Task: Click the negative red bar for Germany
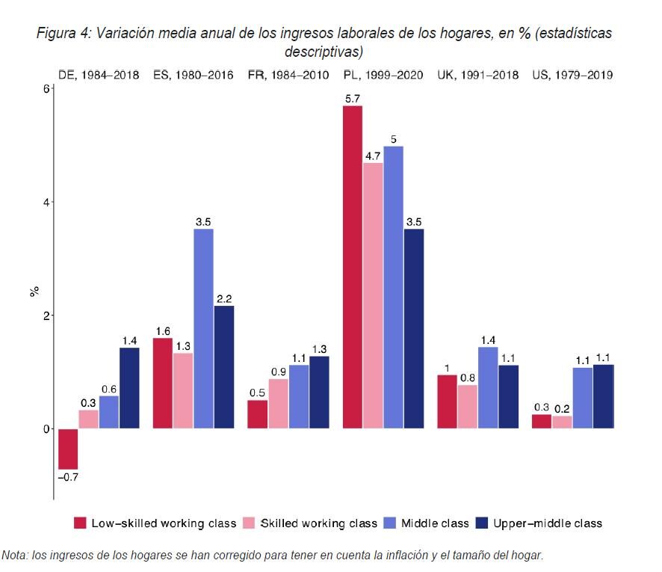click(x=68, y=449)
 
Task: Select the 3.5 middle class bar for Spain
click(x=203, y=329)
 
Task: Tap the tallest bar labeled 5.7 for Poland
click(x=352, y=267)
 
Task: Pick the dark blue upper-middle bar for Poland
click(x=413, y=329)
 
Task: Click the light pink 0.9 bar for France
click(x=278, y=404)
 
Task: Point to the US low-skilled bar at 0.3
click(x=542, y=421)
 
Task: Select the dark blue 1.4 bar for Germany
click(x=129, y=388)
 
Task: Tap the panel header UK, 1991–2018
click(x=477, y=75)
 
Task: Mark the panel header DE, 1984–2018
click(x=99, y=75)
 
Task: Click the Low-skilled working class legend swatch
click(x=80, y=523)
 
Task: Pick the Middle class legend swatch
click(x=389, y=523)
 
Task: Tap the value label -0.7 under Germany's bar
click(x=68, y=476)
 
